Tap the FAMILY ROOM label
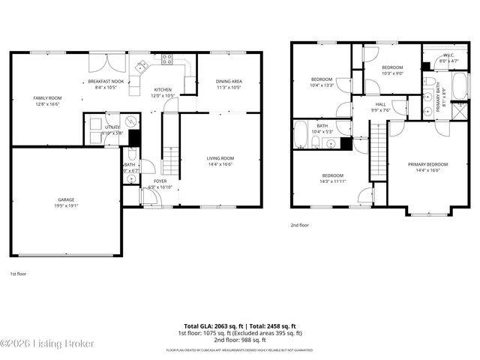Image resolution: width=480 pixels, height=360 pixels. [46, 98]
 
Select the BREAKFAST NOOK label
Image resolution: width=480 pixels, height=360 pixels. [105, 81]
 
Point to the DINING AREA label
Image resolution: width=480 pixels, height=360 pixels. [228, 81]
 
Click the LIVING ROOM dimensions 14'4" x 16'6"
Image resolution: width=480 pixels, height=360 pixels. [220, 164]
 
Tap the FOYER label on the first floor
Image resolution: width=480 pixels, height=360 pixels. [160, 181]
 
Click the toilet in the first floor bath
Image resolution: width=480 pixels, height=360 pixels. [132, 156]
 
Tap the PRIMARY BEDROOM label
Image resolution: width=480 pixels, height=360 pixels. [427, 164]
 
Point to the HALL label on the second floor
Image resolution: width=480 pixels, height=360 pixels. [380, 104]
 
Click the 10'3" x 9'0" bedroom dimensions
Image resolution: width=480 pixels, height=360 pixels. [391, 73]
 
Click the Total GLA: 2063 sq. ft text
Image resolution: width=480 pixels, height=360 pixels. [207, 326]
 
